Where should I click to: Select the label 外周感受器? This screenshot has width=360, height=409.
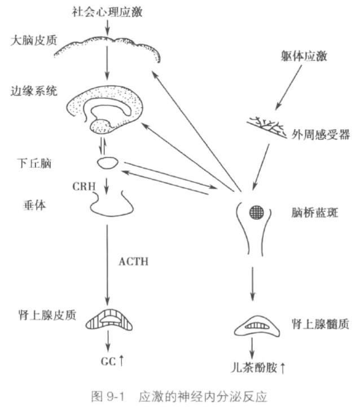(321, 135)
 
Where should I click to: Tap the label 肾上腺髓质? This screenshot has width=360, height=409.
(320, 324)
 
